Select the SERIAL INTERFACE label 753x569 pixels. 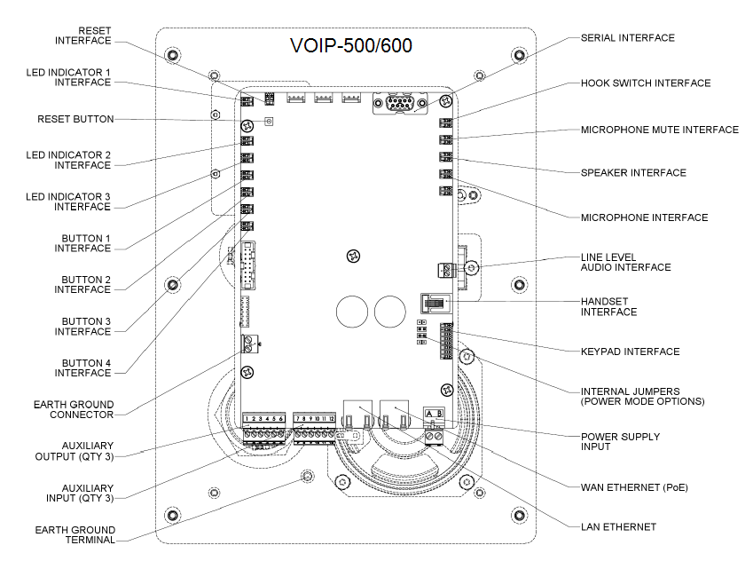point(627,38)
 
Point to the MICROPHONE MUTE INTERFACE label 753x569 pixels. point(659,130)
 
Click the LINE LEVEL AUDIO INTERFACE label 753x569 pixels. point(625,262)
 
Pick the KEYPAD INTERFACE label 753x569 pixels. point(630,352)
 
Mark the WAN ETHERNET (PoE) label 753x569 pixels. point(634,486)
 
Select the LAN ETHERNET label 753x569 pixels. point(618,527)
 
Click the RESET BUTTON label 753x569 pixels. point(75,119)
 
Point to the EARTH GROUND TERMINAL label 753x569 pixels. point(75,534)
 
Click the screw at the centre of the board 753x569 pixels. point(353,257)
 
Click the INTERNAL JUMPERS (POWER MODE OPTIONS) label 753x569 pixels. point(642,396)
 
